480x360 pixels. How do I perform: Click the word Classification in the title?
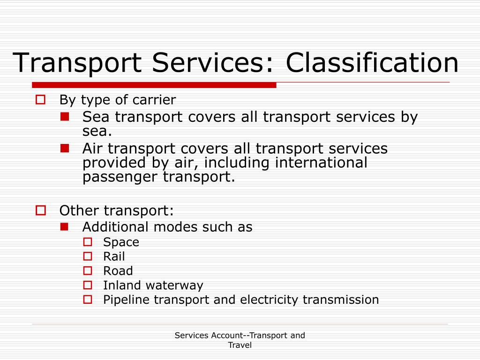click(x=373, y=63)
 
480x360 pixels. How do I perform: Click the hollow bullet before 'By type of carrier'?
click(x=40, y=99)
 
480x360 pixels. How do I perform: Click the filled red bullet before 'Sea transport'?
click(x=65, y=115)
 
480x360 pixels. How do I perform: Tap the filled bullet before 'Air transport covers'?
click(x=65, y=148)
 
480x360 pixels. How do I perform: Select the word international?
click(x=321, y=163)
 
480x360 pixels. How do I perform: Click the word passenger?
click(x=120, y=177)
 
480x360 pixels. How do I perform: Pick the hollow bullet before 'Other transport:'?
click(x=40, y=210)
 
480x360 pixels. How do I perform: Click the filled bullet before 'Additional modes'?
click(x=65, y=226)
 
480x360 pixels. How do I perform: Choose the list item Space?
click(x=121, y=242)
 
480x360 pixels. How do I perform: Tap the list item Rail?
click(x=114, y=256)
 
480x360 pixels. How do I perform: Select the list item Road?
click(x=118, y=271)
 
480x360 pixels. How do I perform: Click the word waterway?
click(x=174, y=285)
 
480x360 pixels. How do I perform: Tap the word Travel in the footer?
click(x=240, y=345)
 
